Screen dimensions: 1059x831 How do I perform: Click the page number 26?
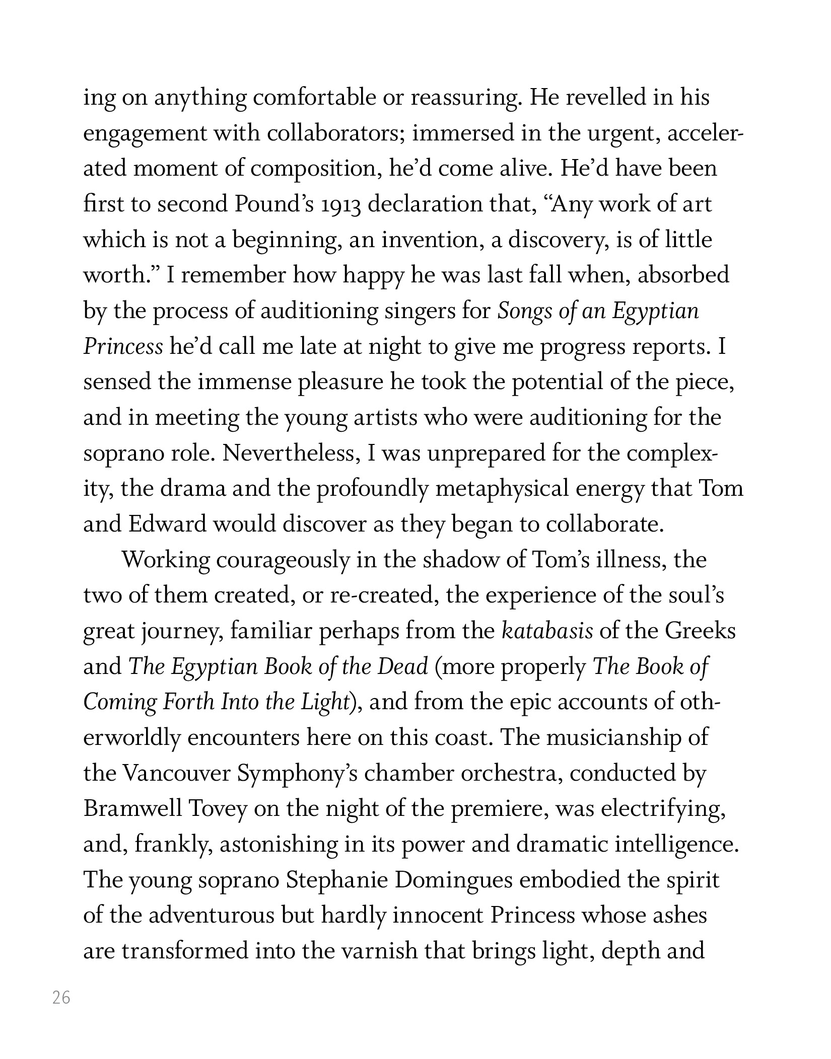pyautogui.click(x=61, y=997)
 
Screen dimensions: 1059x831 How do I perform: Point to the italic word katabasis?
pyautogui.click(x=547, y=632)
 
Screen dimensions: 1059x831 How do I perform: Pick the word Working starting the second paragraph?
pyautogui.click(x=166, y=561)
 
